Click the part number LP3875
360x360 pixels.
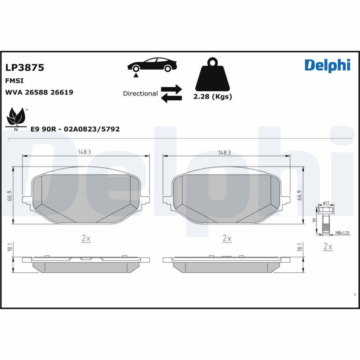(x=24, y=67)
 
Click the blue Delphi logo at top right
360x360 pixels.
(x=327, y=65)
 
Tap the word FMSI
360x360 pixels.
(x=14, y=81)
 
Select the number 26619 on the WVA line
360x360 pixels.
(x=62, y=92)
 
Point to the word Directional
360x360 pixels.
(x=140, y=94)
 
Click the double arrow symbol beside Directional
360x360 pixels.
(x=171, y=93)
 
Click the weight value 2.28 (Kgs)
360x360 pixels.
(x=212, y=97)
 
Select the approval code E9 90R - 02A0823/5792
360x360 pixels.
(x=75, y=129)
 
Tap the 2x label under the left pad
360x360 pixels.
(x=86, y=238)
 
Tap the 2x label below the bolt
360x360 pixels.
(x=328, y=247)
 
